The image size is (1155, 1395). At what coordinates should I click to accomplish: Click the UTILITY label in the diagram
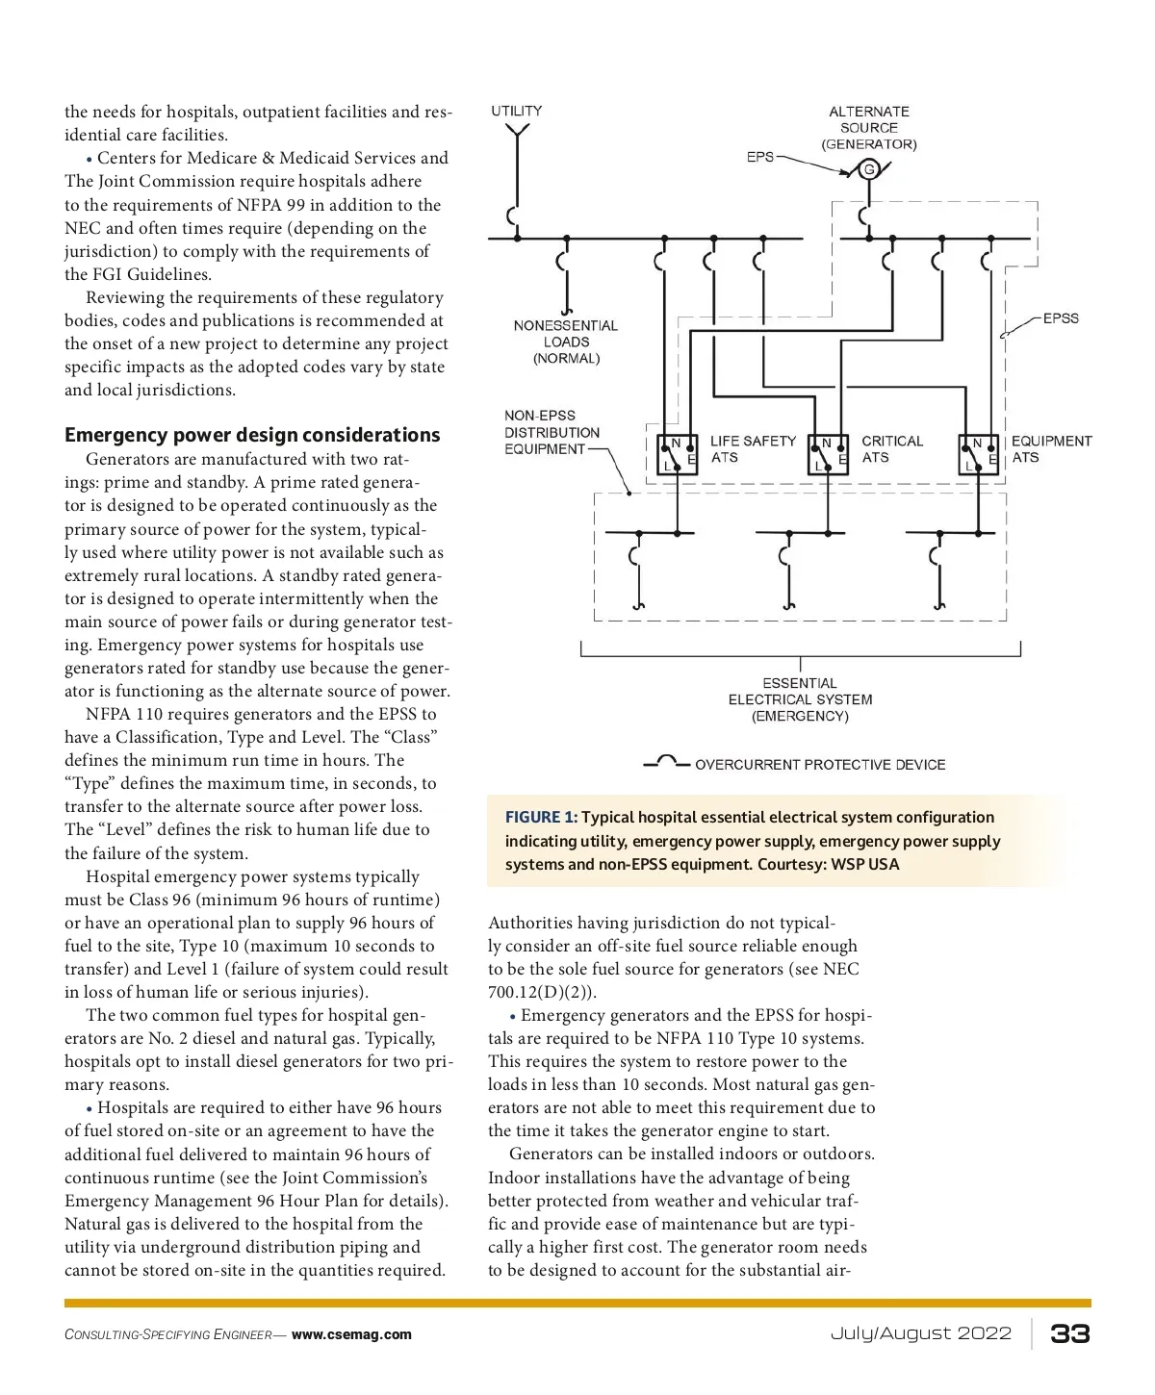(516, 111)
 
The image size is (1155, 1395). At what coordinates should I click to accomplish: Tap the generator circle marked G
(869, 170)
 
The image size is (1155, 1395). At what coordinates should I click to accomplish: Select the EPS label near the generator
(759, 156)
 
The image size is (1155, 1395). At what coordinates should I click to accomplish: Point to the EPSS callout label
(1061, 318)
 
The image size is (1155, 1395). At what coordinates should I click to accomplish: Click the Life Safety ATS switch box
(678, 454)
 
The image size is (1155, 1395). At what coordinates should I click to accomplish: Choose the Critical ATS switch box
(828, 454)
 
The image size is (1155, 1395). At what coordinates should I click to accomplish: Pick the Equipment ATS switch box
(979, 454)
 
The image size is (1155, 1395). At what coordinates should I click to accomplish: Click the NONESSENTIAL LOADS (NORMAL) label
(566, 342)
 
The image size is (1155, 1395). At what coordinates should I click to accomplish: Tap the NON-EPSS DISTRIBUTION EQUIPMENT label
(552, 432)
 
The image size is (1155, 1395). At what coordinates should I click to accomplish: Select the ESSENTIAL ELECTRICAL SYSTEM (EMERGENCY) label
(800, 699)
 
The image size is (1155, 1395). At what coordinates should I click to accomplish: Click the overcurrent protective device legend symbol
(667, 763)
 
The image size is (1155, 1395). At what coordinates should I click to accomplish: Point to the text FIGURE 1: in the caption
(541, 817)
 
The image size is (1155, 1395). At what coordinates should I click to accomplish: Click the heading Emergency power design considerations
(252, 435)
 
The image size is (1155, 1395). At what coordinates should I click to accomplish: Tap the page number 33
(1069, 1333)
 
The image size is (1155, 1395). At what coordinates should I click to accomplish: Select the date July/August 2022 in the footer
(921, 1333)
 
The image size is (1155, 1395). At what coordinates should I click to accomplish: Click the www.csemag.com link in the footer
(351, 1334)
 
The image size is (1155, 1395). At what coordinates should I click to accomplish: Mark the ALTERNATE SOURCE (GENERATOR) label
(869, 128)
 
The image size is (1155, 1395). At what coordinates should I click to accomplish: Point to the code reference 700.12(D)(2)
(540, 992)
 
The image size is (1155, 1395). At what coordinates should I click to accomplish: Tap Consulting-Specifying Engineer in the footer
(167, 1334)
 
